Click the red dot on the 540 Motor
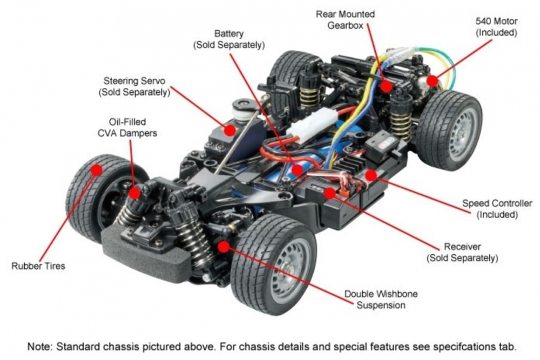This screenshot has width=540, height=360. tap(432, 80)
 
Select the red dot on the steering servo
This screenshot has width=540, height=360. tap(231, 130)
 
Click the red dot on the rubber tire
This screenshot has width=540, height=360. tap(97, 169)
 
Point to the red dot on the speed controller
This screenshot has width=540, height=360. tap(370, 175)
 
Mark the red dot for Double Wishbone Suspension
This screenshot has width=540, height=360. tap(224, 247)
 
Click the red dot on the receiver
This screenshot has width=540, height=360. tap(329, 193)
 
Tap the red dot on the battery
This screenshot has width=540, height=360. tap(296, 169)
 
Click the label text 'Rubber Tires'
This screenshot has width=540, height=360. tap(38, 266)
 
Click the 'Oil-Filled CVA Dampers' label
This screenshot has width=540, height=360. tap(127, 127)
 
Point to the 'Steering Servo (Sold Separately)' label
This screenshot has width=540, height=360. tap(134, 86)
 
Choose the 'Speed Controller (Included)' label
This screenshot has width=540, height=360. tap(497, 209)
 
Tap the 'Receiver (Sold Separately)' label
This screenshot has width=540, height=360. tap(462, 252)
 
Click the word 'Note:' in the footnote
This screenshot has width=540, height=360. tap(41, 345)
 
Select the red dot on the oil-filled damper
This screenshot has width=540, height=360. tap(135, 193)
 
